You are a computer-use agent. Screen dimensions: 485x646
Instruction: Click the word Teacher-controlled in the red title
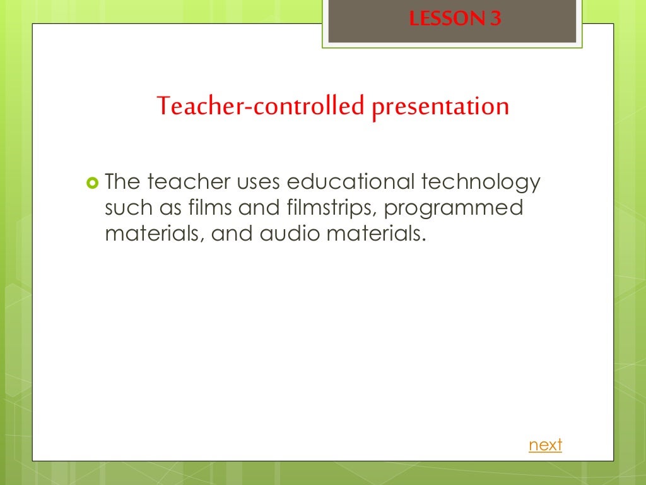tap(261, 106)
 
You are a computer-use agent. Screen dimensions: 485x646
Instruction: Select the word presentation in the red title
tap(440, 106)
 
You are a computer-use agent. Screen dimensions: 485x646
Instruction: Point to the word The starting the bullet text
tap(122, 183)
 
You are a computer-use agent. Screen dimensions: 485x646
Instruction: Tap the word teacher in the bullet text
tap(189, 183)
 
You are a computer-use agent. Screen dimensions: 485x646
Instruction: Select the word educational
tap(350, 183)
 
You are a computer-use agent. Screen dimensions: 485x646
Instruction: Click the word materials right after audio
tap(377, 234)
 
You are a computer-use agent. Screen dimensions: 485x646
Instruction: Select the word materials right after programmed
tap(154, 234)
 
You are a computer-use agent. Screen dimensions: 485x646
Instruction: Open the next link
tap(545, 445)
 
